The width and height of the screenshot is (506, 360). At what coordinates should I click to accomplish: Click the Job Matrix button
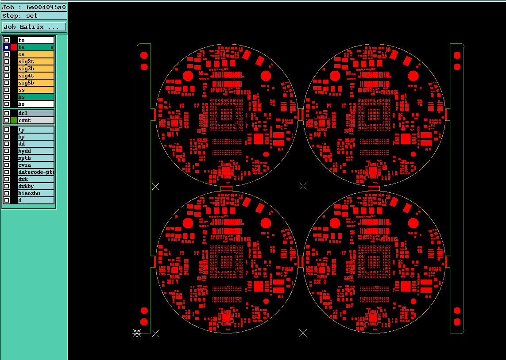34,27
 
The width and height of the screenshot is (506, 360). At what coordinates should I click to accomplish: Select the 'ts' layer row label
35,47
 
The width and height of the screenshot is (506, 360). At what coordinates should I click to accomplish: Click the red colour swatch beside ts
14,47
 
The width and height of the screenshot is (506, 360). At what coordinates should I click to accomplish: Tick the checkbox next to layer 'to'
7,40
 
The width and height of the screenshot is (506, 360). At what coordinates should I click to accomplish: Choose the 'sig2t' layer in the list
35,61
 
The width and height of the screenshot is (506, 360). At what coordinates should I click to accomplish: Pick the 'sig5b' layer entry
35,83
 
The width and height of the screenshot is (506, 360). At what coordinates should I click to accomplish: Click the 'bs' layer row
35,97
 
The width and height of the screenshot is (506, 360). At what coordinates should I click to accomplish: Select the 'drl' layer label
35,113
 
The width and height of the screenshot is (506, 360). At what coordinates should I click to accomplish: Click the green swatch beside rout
14,120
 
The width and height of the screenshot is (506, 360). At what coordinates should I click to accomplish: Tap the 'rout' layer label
35,120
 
